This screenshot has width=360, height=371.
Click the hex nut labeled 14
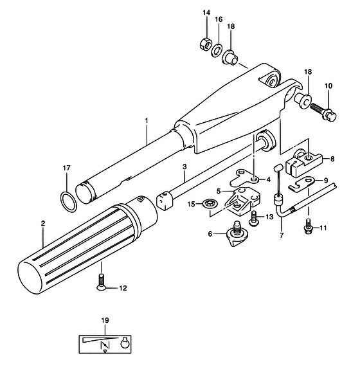click(x=205, y=43)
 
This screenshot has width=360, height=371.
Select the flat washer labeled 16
click(x=217, y=50)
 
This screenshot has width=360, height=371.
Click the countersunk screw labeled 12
click(x=102, y=282)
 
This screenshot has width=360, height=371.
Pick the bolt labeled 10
click(x=323, y=111)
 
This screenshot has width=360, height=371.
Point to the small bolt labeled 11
click(x=308, y=227)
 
